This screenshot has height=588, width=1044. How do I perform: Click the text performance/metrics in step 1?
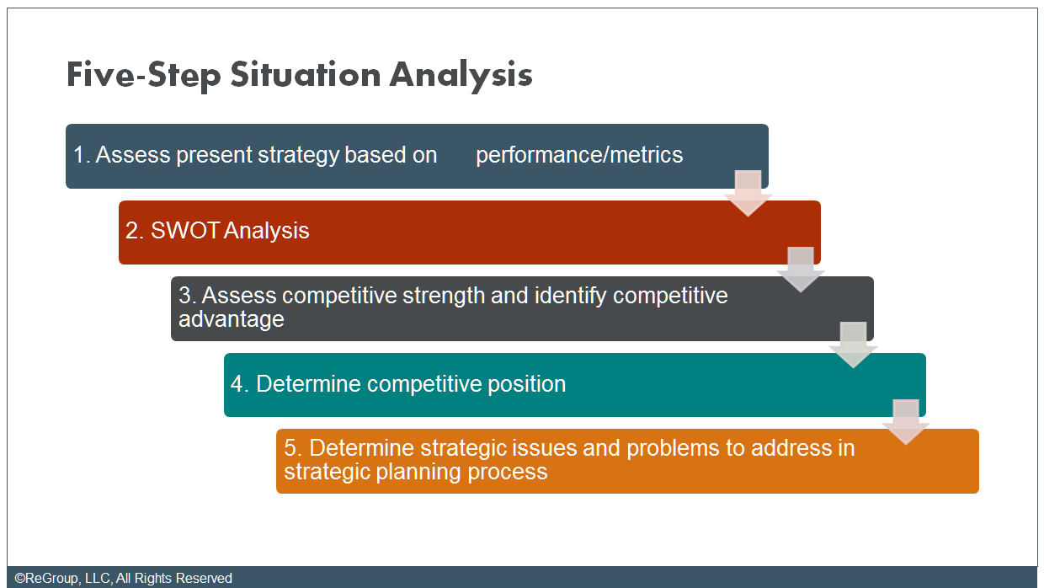[x=579, y=155]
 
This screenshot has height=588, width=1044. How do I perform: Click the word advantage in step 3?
[x=231, y=319]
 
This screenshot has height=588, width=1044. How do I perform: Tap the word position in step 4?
[x=527, y=384]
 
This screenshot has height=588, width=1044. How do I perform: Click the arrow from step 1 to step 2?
[x=748, y=193]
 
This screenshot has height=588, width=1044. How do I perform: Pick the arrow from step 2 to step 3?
[x=800, y=269]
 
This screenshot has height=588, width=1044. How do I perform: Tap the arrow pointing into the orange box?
[x=906, y=421]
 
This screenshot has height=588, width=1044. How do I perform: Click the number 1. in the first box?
[x=82, y=155]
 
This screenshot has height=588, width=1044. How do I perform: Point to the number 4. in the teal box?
[x=240, y=384]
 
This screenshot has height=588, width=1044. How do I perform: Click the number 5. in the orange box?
[x=293, y=448]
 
